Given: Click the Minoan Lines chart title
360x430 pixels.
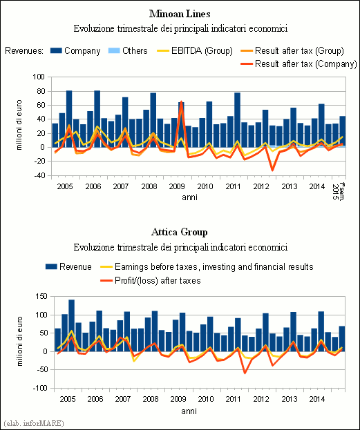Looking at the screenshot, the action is click(180, 14).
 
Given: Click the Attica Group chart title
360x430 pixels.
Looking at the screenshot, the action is click(180, 233).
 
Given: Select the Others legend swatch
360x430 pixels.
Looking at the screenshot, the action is click(114, 51).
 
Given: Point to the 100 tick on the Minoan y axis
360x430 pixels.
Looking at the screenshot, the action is click(39, 77).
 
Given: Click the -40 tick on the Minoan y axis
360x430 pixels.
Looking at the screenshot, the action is click(39, 175).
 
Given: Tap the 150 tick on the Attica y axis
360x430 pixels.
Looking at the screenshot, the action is click(41, 297).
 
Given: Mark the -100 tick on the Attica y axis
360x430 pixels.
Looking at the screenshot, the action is click(40, 389).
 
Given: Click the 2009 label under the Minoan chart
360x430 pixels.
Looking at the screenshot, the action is click(177, 186).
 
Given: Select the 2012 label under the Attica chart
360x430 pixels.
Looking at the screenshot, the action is click(261, 399).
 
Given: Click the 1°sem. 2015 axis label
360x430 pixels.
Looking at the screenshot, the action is click(339, 191).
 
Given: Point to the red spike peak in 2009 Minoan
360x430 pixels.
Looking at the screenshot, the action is click(181, 101).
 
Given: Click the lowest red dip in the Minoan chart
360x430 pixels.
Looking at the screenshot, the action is click(272, 170).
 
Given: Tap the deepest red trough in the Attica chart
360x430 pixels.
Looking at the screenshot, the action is click(245, 373).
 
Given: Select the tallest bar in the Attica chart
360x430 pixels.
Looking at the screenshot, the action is click(71, 326).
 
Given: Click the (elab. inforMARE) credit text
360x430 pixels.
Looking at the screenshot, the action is click(33, 423).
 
